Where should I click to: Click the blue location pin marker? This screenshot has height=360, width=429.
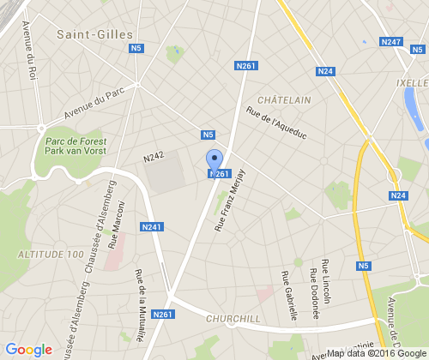[x=215, y=160]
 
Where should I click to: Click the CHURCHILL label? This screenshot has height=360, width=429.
[x=234, y=319]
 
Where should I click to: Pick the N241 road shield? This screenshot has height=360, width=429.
[x=152, y=227]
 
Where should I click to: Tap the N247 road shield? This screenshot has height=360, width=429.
[x=390, y=41]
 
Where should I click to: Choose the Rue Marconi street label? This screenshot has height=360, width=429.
[x=116, y=225]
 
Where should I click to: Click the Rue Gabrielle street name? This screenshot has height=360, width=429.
[x=288, y=295]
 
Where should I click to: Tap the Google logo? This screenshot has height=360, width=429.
[x=28, y=349]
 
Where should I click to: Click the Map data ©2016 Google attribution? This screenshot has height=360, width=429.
[x=374, y=352]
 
